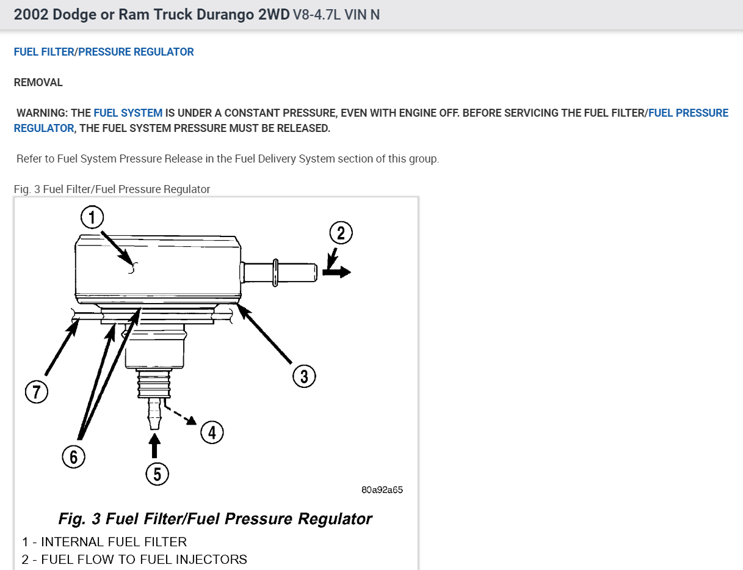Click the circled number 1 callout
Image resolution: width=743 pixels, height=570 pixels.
tap(92, 217)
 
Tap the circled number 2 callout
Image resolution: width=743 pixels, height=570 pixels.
tap(341, 233)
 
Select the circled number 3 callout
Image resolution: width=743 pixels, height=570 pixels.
tap(304, 376)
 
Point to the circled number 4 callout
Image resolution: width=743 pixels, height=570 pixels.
tap(212, 433)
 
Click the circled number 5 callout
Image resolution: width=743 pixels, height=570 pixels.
tap(157, 473)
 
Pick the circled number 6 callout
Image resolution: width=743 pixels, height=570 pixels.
tap(73, 456)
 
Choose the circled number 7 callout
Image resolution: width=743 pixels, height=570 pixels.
tap(36, 391)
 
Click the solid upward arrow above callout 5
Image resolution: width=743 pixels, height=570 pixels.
tap(155, 445)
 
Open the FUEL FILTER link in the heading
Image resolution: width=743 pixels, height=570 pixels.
tap(43, 52)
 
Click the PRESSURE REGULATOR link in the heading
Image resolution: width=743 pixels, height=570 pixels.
tap(136, 52)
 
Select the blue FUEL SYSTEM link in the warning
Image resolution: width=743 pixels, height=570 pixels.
tap(128, 113)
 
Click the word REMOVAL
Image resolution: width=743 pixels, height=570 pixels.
tap(38, 82)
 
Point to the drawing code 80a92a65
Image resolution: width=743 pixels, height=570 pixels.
tap(382, 489)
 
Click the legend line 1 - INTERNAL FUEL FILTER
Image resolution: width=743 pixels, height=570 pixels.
tap(104, 542)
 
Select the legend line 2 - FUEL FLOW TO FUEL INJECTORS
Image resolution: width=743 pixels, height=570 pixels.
tap(134, 560)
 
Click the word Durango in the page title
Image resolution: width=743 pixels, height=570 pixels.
tap(252, 15)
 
